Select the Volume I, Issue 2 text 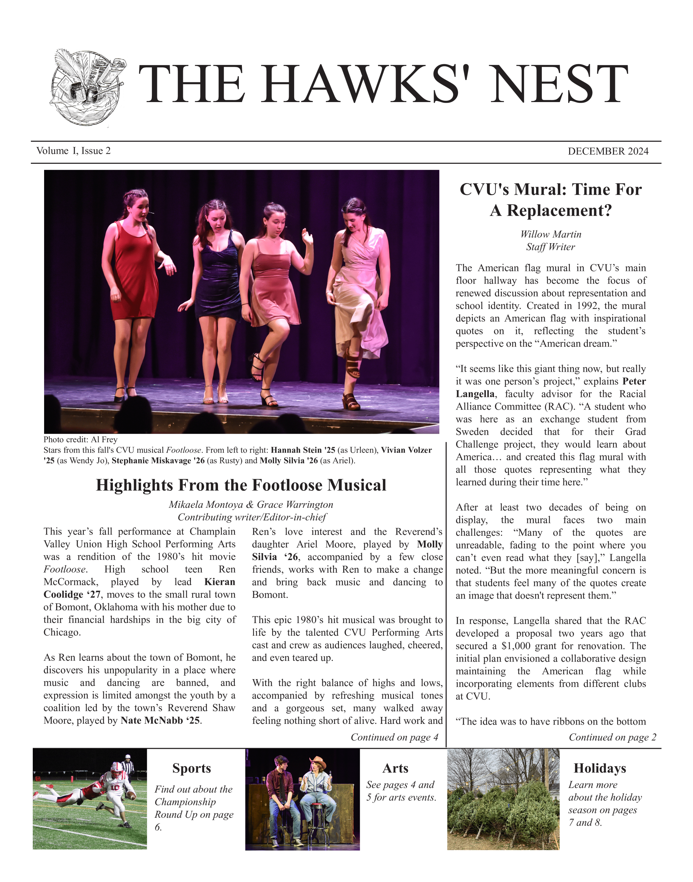(73, 151)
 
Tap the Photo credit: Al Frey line (80, 439)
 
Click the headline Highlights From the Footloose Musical (241, 485)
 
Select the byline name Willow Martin (551, 234)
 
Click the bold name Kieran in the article (220, 582)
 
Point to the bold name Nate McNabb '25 (161, 720)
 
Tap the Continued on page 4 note (394, 737)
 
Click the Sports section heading (192, 768)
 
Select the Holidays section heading (600, 768)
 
